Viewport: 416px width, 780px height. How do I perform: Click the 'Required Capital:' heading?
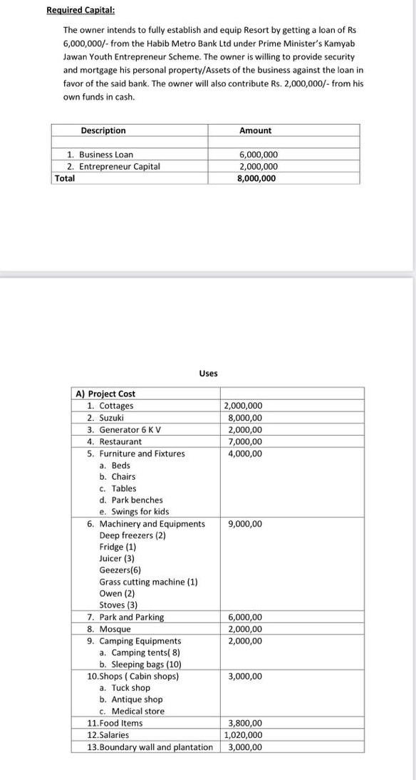(x=80, y=11)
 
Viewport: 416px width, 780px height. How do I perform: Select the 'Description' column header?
(x=103, y=130)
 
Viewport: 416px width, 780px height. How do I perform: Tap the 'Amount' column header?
(x=255, y=130)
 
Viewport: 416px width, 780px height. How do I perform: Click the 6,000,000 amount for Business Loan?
(x=258, y=155)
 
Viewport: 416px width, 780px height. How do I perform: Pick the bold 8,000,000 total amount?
(x=256, y=178)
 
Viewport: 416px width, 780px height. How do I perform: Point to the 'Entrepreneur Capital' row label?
(x=119, y=167)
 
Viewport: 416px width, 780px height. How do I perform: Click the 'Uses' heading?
(x=208, y=374)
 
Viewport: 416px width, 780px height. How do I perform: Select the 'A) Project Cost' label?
(x=105, y=394)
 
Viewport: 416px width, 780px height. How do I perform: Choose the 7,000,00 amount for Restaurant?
(x=245, y=441)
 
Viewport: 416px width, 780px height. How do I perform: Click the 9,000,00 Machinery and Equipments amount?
(x=245, y=524)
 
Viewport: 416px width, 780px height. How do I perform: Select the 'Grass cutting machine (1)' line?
(x=148, y=582)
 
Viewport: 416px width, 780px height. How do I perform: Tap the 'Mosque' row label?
(x=115, y=629)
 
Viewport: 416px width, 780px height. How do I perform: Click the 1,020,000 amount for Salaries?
(x=244, y=735)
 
